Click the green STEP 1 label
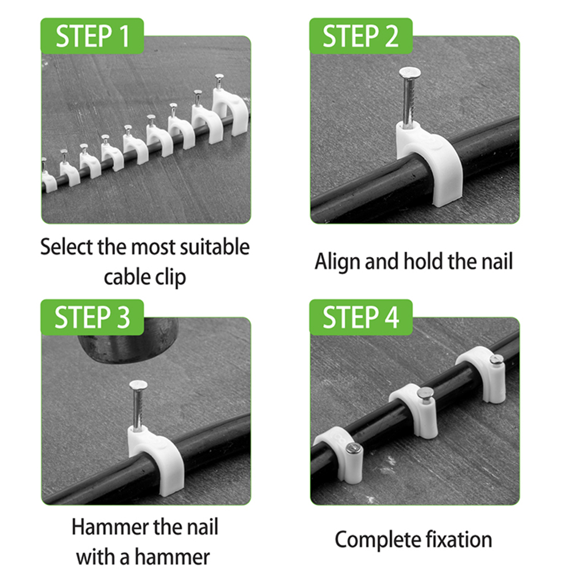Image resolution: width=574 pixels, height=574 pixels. pos(92,36)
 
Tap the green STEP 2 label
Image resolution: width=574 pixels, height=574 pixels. pos(360,36)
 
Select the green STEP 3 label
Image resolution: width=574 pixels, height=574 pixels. pos(92,317)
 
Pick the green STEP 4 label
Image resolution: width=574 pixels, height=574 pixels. pos(360,317)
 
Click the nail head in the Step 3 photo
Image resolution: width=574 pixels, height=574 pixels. pos(138,385)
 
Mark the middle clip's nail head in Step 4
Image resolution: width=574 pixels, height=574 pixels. pos(425,394)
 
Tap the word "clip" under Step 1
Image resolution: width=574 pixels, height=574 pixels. pos(170,277)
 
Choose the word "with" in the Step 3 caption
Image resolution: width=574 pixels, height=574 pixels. pos(96,557)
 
